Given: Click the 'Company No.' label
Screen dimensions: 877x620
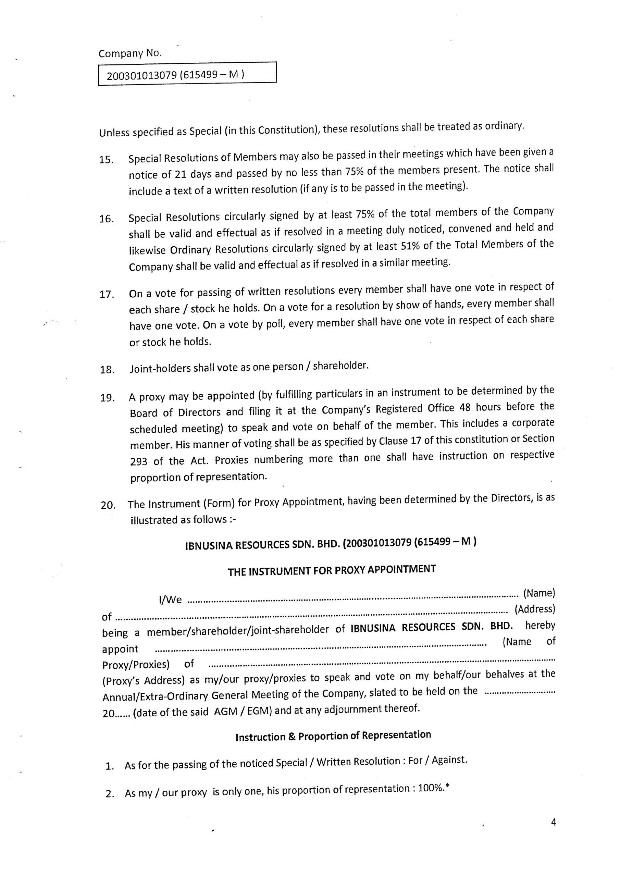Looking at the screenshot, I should tap(130, 53).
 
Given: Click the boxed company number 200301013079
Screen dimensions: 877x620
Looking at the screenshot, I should tap(142, 75).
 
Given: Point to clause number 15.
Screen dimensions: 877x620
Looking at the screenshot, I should tap(107, 160).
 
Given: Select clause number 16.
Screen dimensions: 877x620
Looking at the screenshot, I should tap(107, 219).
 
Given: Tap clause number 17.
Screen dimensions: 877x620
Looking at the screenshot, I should tap(107, 295).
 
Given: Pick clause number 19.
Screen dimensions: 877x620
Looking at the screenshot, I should tap(107, 398).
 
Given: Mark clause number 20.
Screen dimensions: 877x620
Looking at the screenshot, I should tap(108, 505).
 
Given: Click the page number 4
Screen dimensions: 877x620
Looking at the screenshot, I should tap(553, 822).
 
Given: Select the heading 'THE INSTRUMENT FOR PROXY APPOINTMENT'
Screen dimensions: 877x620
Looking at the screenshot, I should tap(332, 570).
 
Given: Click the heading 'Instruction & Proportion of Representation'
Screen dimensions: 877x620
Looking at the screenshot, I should tap(333, 735).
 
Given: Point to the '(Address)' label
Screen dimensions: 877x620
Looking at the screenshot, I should tap(535, 609).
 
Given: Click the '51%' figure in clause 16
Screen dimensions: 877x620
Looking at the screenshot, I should tap(410, 246).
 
